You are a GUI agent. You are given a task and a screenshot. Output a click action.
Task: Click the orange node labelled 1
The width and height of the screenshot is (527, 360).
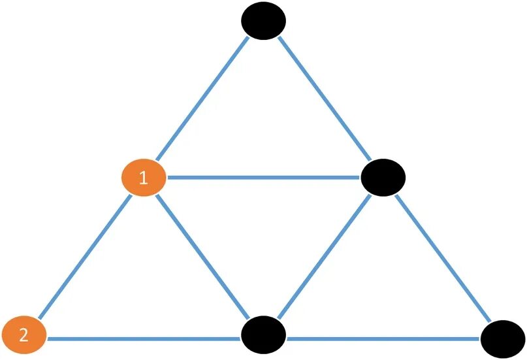144,178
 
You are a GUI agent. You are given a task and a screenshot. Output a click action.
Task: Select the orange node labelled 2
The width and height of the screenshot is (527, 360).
24,336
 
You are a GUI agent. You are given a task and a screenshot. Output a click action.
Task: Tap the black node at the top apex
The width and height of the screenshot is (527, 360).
264,21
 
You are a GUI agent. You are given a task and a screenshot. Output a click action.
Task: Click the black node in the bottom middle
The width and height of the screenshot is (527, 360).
264,335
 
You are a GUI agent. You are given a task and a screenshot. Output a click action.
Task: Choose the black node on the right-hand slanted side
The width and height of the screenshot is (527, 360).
383,177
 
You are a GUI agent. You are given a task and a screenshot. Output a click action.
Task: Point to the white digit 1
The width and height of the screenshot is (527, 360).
144,178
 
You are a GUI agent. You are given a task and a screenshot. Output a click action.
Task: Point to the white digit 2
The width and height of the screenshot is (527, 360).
24,336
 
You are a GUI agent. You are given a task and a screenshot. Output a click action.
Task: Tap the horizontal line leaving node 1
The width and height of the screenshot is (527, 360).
261,177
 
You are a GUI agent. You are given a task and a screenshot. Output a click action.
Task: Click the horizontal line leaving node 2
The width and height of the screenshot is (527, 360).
144,339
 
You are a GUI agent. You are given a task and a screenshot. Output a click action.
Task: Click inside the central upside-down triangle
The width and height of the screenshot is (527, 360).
263,229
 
